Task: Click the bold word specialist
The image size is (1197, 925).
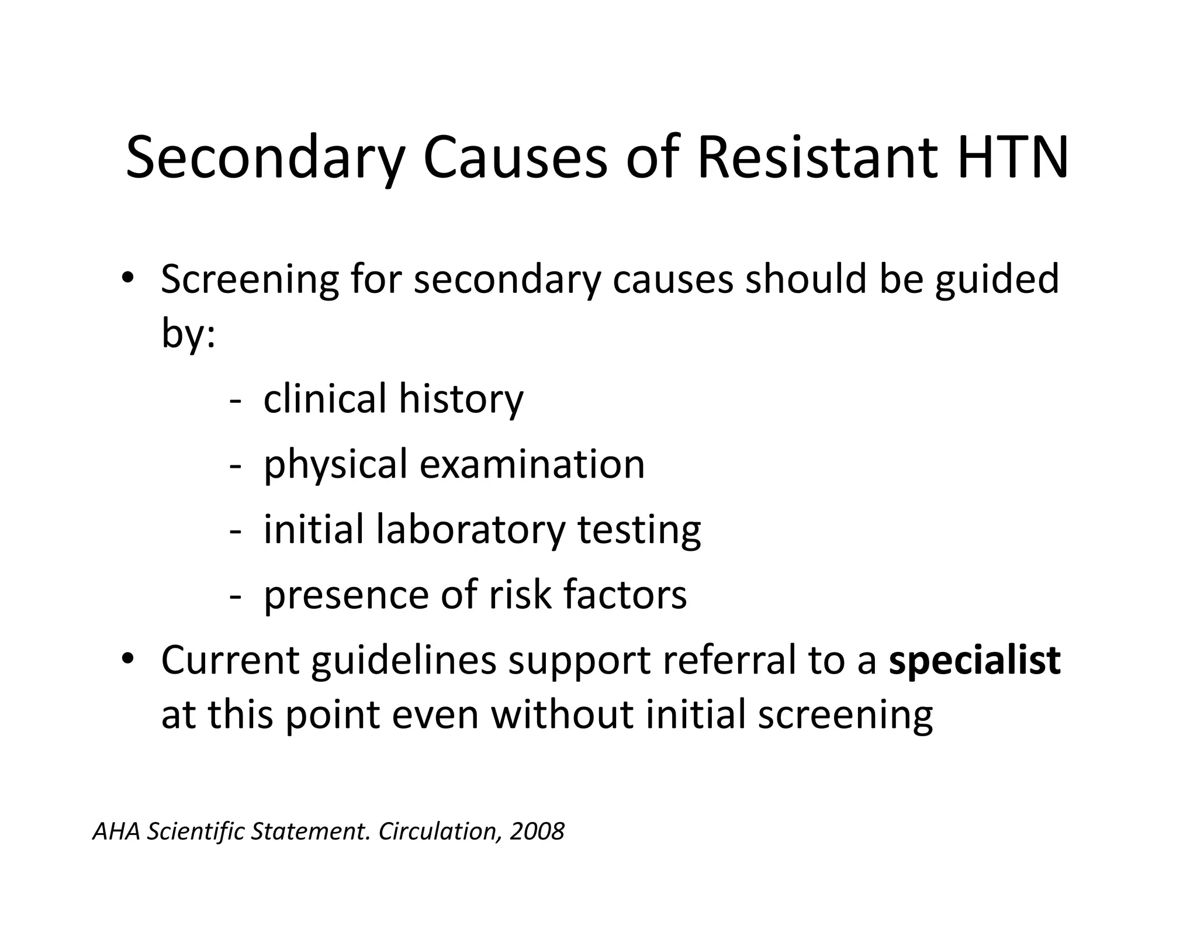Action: [974, 661]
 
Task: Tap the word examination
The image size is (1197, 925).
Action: [532, 465]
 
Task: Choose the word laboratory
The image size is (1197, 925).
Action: [471, 530]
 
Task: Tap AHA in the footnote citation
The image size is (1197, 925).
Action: [116, 831]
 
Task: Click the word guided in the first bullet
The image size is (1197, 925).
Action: [997, 279]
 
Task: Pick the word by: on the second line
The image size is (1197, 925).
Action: [188, 334]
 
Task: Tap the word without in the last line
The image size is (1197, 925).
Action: [562, 715]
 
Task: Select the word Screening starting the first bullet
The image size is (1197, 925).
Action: [250, 279]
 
